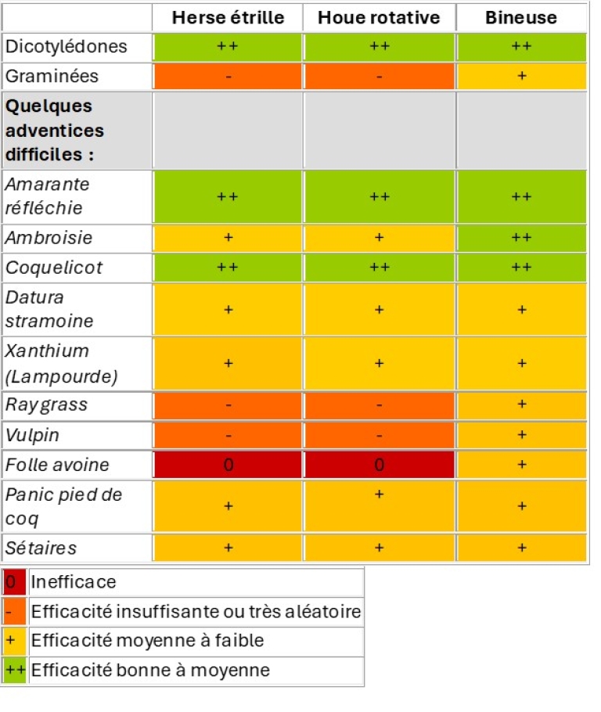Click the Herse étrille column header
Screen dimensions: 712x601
point(227,17)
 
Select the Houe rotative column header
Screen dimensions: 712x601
point(379,17)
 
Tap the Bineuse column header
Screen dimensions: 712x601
point(521,17)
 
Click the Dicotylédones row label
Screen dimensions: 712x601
point(66,46)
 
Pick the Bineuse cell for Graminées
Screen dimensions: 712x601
point(521,76)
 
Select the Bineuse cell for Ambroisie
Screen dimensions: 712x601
point(521,238)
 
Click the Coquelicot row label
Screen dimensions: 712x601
point(54,268)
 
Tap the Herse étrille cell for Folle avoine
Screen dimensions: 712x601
point(228,465)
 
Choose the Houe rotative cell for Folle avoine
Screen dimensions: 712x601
point(379,465)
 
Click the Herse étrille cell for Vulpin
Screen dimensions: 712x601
point(228,435)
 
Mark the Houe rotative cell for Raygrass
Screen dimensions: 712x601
point(379,405)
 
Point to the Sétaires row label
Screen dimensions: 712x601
point(41,548)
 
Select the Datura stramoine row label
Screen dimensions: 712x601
point(49,309)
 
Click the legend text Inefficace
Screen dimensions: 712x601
point(74,581)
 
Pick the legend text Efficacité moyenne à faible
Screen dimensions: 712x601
point(147,641)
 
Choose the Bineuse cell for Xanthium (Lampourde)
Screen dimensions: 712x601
point(521,364)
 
